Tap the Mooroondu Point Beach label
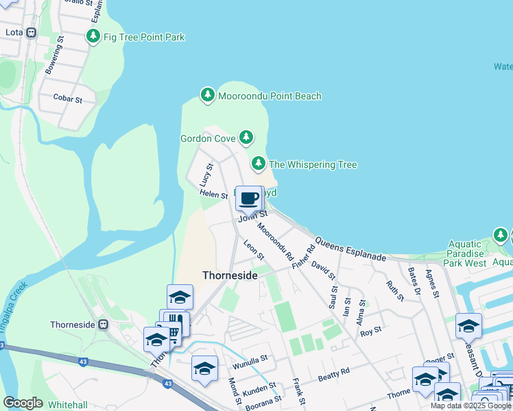tap(270, 96)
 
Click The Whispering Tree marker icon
tap(259, 164)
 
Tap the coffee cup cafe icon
tap(249, 199)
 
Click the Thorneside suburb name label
tap(230, 275)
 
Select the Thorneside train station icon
tap(104, 324)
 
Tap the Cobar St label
tap(67, 99)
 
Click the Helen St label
tap(213, 195)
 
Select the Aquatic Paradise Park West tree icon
tap(501, 236)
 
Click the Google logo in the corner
tap(23, 403)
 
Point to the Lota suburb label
tap(14, 32)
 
